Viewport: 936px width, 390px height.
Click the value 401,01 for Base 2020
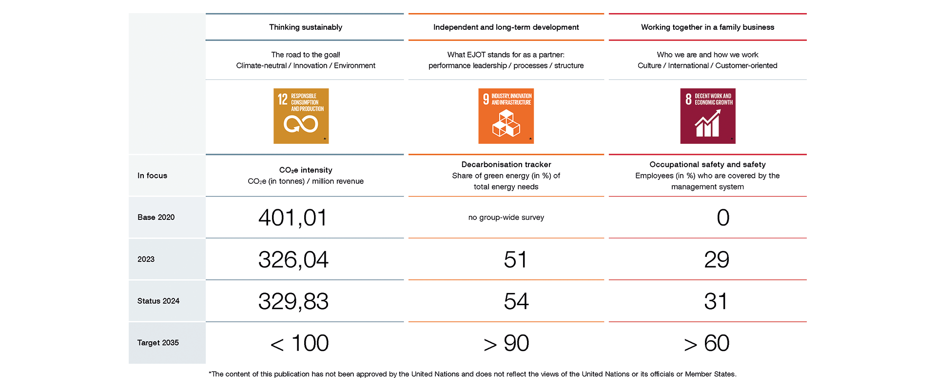coord(292,217)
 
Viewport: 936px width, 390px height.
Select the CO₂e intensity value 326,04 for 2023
coord(293,259)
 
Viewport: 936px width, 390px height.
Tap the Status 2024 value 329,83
coord(293,301)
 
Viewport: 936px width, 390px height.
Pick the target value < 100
coord(300,343)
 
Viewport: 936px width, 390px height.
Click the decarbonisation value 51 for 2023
coord(515,259)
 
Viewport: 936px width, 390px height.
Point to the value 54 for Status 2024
coord(516,301)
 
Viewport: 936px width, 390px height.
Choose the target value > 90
coord(506,343)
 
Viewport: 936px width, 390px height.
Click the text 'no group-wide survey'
coord(506,217)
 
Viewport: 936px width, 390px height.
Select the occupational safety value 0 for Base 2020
coord(723,217)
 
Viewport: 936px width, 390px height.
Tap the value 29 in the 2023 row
coord(717,259)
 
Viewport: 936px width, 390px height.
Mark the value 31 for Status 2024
coord(716,301)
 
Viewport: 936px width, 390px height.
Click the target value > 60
coord(707,343)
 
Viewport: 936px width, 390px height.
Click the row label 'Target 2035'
coord(158,343)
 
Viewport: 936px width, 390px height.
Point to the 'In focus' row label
coord(152,175)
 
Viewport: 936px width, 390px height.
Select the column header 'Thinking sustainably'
coord(306,27)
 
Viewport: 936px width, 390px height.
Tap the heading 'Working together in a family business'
coord(707,27)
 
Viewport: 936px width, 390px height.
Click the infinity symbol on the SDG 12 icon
coord(301,124)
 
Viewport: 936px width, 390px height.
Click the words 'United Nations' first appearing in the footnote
coord(435,374)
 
